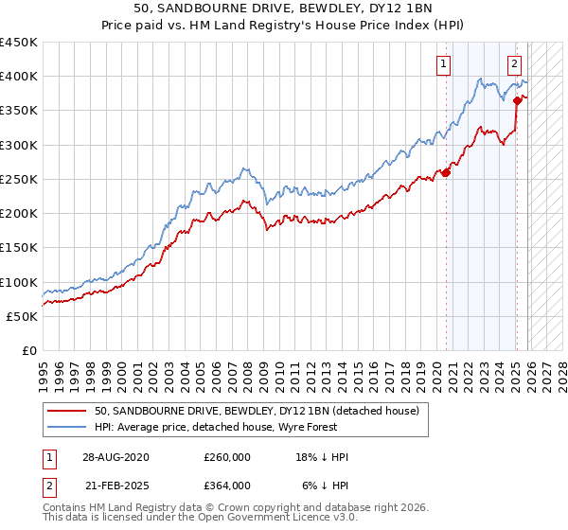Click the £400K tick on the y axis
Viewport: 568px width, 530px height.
19,77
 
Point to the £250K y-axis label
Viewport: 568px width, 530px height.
19,179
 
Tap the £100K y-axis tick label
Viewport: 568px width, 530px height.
19,282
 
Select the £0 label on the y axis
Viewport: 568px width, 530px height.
28,350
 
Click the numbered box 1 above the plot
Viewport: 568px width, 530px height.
444,64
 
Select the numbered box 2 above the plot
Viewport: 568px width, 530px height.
514,64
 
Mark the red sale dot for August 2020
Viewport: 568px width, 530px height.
446,172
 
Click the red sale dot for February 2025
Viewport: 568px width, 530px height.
517,100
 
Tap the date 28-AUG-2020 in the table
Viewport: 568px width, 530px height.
115,457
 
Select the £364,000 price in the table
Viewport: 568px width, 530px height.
227,485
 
